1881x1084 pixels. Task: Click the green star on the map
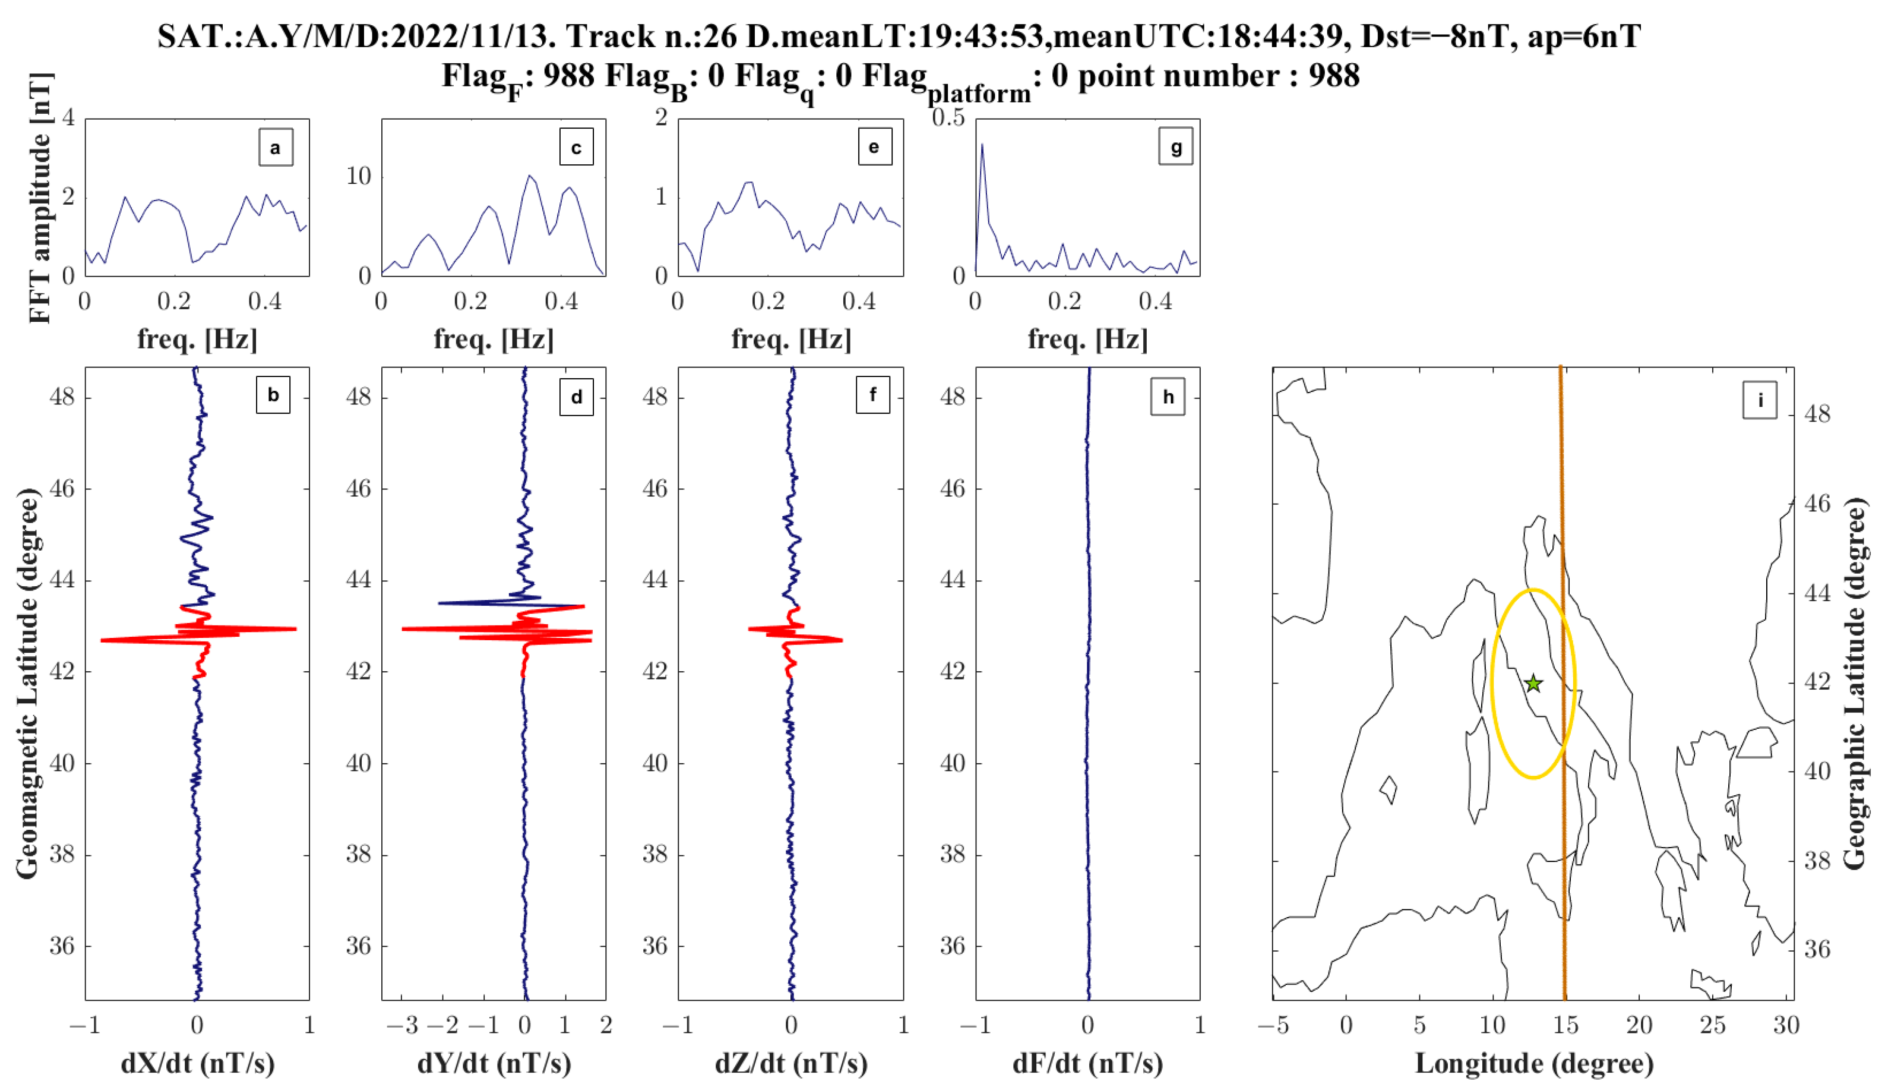[x=1532, y=682]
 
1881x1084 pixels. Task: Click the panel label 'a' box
[x=276, y=147]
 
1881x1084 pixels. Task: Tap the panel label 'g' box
[x=1176, y=147]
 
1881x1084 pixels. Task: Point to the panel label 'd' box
[x=576, y=396]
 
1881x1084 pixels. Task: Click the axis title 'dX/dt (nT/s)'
[x=197, y=1063]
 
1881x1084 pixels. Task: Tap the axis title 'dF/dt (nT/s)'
[x=1088, y=1063]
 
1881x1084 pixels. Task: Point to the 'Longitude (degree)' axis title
[x=1534, y=1063]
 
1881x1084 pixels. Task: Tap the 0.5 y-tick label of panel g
[x=948, y=118]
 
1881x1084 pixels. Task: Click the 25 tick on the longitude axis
[x=1712, y=1026]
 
